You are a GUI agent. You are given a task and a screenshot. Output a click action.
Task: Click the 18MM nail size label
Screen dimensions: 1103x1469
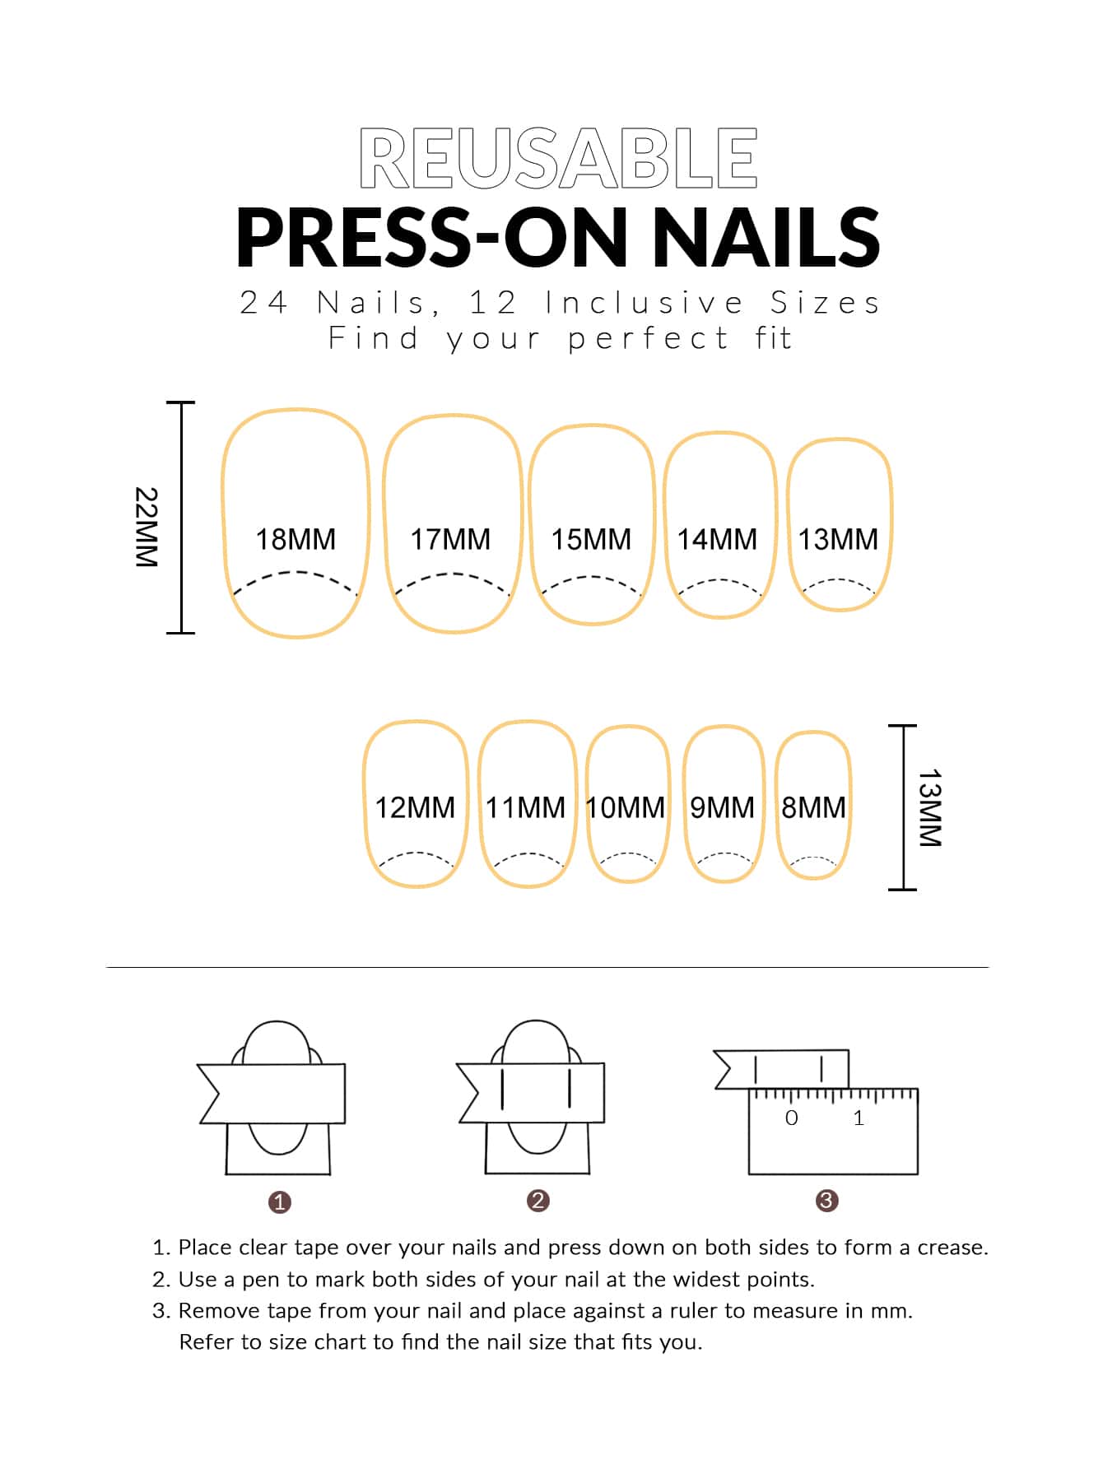pos(296,539)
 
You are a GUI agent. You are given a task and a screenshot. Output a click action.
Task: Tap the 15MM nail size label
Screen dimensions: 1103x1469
pos(591,539)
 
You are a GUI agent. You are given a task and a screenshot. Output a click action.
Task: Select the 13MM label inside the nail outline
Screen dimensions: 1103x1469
pos(838,539)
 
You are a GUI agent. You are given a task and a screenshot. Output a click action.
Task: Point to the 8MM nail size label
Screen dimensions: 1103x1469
pos(813,807)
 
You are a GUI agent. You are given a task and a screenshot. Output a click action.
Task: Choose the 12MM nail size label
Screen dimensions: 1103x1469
pos(415,807)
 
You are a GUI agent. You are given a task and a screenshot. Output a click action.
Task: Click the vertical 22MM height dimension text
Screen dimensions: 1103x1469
pos(147,527)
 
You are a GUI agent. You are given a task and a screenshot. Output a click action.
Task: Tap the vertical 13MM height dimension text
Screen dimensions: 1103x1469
pos(930,808)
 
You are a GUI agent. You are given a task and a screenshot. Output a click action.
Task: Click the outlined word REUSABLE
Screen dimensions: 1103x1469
pos(558,158)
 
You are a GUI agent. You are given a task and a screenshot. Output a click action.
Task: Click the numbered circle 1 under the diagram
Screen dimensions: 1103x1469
pos(280,1202)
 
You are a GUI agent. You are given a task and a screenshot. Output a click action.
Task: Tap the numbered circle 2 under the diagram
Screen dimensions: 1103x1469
pos(538,1201)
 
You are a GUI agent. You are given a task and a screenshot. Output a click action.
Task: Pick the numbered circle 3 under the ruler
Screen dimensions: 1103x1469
pos(826,1201)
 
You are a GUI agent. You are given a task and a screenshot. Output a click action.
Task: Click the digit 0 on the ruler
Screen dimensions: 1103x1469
pos(792,1118)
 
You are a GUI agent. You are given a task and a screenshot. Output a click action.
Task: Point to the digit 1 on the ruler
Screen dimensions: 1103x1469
pos(859,1118)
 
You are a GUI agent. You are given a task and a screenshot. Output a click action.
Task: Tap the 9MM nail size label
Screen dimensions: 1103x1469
pos(722,807)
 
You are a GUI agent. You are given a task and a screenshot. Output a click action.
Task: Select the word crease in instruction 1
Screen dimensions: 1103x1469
pos(952,1248)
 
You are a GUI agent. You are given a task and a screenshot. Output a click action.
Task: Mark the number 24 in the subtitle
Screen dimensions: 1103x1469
pos(263,303)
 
